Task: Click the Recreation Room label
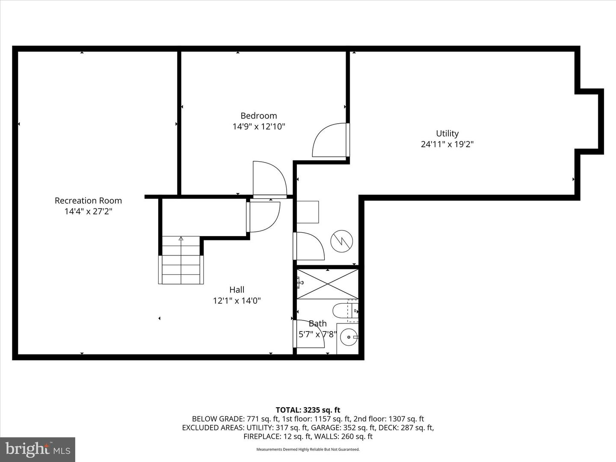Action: click(88, 200)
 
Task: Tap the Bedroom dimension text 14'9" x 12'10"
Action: click(258, 127)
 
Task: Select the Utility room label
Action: click(447, 133)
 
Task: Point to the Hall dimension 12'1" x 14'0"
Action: click(237, 301)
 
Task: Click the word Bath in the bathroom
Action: click(317, 323)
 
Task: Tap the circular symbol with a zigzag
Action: click(341, 241)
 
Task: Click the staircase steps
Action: click(181, 261)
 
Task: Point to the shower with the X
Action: click(327, 284)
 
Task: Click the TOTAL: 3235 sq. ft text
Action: click(308, 410)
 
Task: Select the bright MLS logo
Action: click(38, 449)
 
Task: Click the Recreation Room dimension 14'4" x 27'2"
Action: click(88, 211)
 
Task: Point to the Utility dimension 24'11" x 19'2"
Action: click(447, 145)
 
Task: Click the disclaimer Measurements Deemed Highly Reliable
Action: click(308, 450)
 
